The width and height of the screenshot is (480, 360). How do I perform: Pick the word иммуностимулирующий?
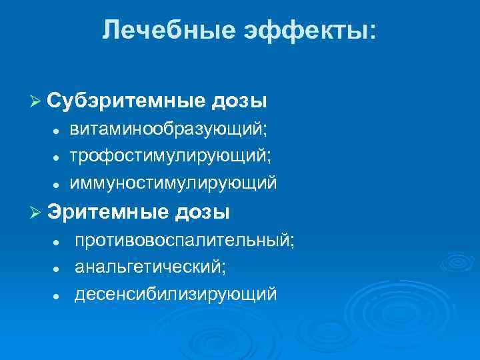click(173, 182)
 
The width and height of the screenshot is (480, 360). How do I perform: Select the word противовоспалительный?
click(184, 240)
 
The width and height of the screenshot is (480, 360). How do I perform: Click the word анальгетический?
click(150, 267)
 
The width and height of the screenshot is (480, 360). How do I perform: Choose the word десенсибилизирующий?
click(175, 293)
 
